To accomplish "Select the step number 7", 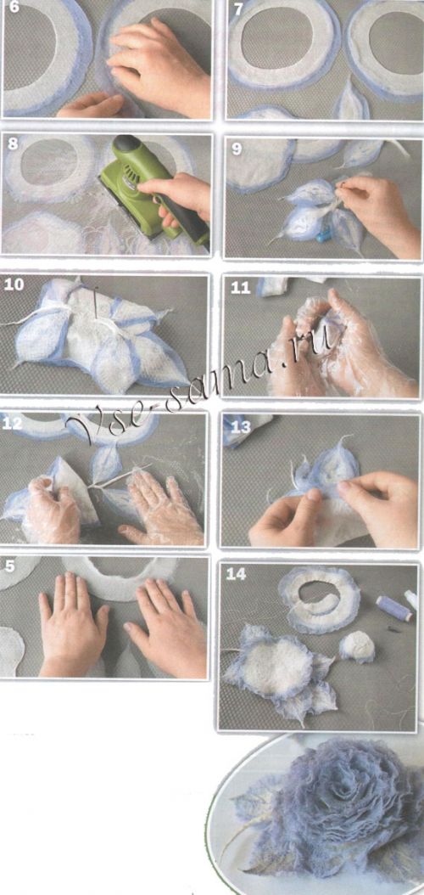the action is (x=238, y=8).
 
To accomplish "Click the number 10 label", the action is (x=14, y=284).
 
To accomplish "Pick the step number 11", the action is (x=241, y=288).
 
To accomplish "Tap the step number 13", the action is (x=241, y=426).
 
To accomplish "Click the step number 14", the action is (x=236, y=574).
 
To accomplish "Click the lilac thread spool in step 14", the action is (x=393, y=609).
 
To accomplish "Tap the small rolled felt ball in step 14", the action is (x=357, y=646).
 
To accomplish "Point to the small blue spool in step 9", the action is (x=324, y=234).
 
